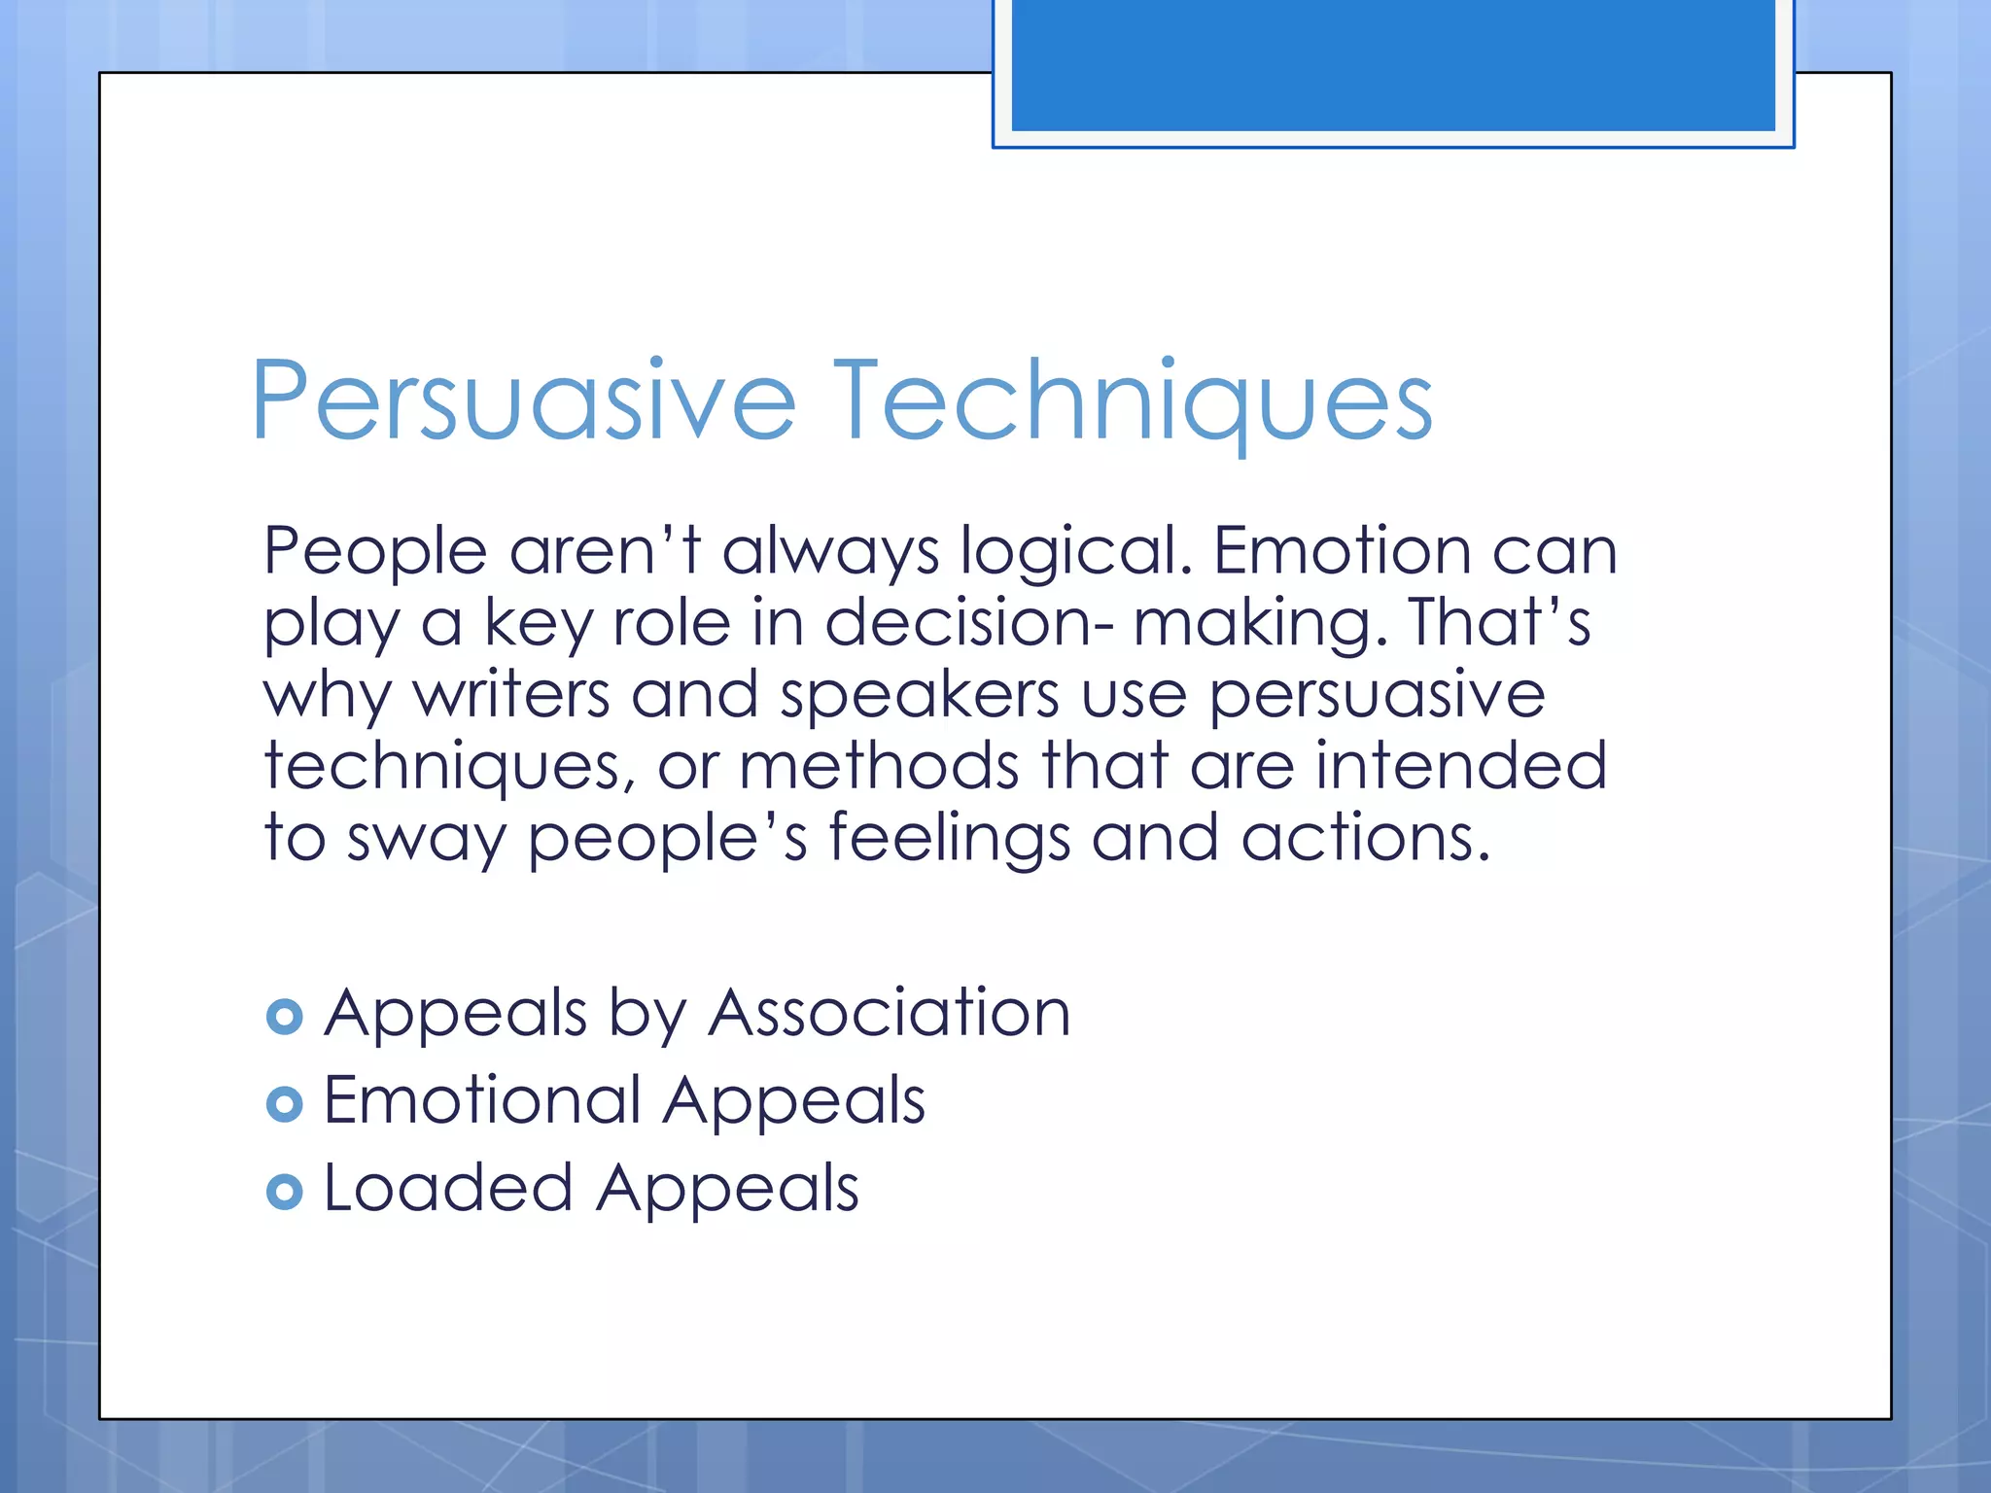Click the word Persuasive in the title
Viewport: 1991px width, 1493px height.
point(523,401)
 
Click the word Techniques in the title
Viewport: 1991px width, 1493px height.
point(1133,401)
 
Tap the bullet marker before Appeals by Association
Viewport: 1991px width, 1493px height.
point(284,1017)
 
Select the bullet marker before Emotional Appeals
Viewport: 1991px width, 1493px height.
point(284,1104)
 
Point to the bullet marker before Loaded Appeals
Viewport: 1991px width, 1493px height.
point(284,1192)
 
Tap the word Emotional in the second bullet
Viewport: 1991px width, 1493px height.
point(481,1100)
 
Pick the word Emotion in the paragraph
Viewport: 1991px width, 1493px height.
point(1342,550)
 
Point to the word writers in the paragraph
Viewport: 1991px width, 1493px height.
point(511,694)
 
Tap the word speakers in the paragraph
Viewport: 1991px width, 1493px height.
point(919,696)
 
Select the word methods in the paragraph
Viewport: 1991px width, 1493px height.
point(879,765)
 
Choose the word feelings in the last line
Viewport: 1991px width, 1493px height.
point(949,838)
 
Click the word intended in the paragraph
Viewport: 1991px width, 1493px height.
point(1460,765)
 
